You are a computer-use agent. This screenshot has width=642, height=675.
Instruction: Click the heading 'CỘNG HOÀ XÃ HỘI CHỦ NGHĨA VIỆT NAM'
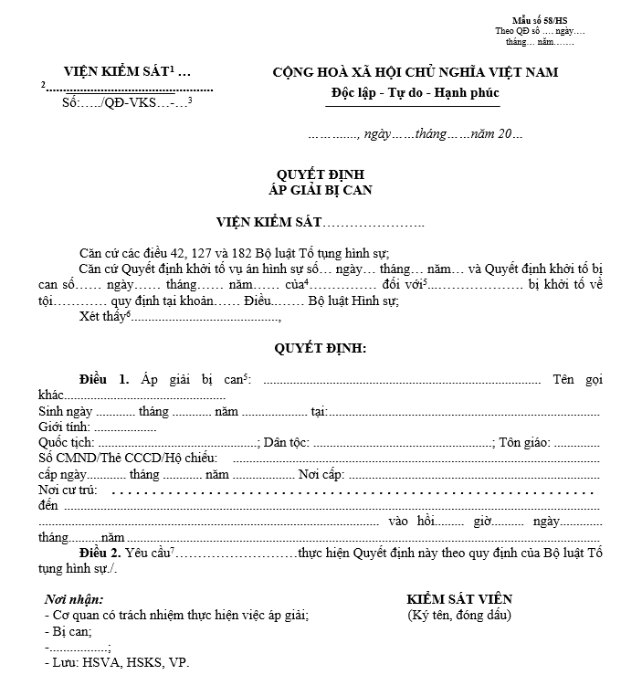pos(416,72)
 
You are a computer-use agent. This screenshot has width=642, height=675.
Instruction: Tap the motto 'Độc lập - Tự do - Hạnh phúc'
pos(416,93)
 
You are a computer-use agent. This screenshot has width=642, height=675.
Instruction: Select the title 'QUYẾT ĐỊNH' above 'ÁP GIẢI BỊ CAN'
pos(321,174)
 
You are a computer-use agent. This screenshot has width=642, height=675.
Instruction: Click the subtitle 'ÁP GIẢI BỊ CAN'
pos(321,190)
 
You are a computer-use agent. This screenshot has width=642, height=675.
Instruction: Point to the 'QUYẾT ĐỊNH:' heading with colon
pos(321,348)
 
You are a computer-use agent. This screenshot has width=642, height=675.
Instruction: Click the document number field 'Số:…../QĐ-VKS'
pos(108,102)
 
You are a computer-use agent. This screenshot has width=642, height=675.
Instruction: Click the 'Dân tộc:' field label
pos(286,443)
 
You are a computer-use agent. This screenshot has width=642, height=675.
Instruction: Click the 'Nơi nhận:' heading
pos(74,599)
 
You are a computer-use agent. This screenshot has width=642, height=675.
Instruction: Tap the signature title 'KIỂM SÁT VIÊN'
pos(459,599)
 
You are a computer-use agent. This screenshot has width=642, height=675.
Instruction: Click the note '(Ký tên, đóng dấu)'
pos(459,615)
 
